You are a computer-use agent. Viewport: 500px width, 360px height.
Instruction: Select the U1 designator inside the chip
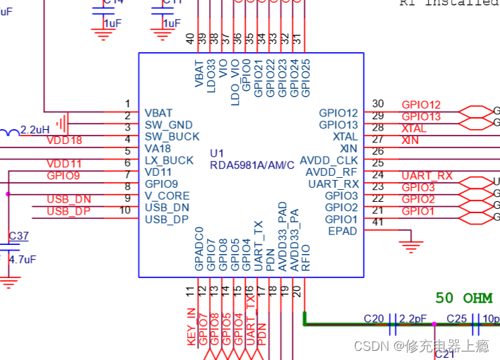217,153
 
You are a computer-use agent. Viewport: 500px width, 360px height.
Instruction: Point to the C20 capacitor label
374,319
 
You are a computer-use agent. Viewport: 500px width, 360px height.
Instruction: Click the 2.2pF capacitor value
412,319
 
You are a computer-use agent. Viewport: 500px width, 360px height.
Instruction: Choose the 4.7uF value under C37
22,259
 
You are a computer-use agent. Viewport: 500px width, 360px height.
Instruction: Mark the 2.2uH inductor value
35,130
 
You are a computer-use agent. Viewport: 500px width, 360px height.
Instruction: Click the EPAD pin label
343,231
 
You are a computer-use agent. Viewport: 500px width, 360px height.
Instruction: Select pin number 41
378,222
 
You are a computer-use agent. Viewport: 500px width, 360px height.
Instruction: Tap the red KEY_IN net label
191,327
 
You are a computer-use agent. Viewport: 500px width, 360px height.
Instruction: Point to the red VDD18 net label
64,140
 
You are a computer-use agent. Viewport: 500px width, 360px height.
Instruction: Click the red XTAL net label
414,128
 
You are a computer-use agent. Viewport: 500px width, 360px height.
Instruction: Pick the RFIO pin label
306,258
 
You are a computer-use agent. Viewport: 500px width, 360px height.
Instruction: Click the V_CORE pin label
167,196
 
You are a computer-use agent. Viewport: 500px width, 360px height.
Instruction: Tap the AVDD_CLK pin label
329,160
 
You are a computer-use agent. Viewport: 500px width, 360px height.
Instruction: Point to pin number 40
189,38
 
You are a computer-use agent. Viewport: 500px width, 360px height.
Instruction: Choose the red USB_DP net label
69,211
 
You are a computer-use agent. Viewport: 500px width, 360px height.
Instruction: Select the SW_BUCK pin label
172,136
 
